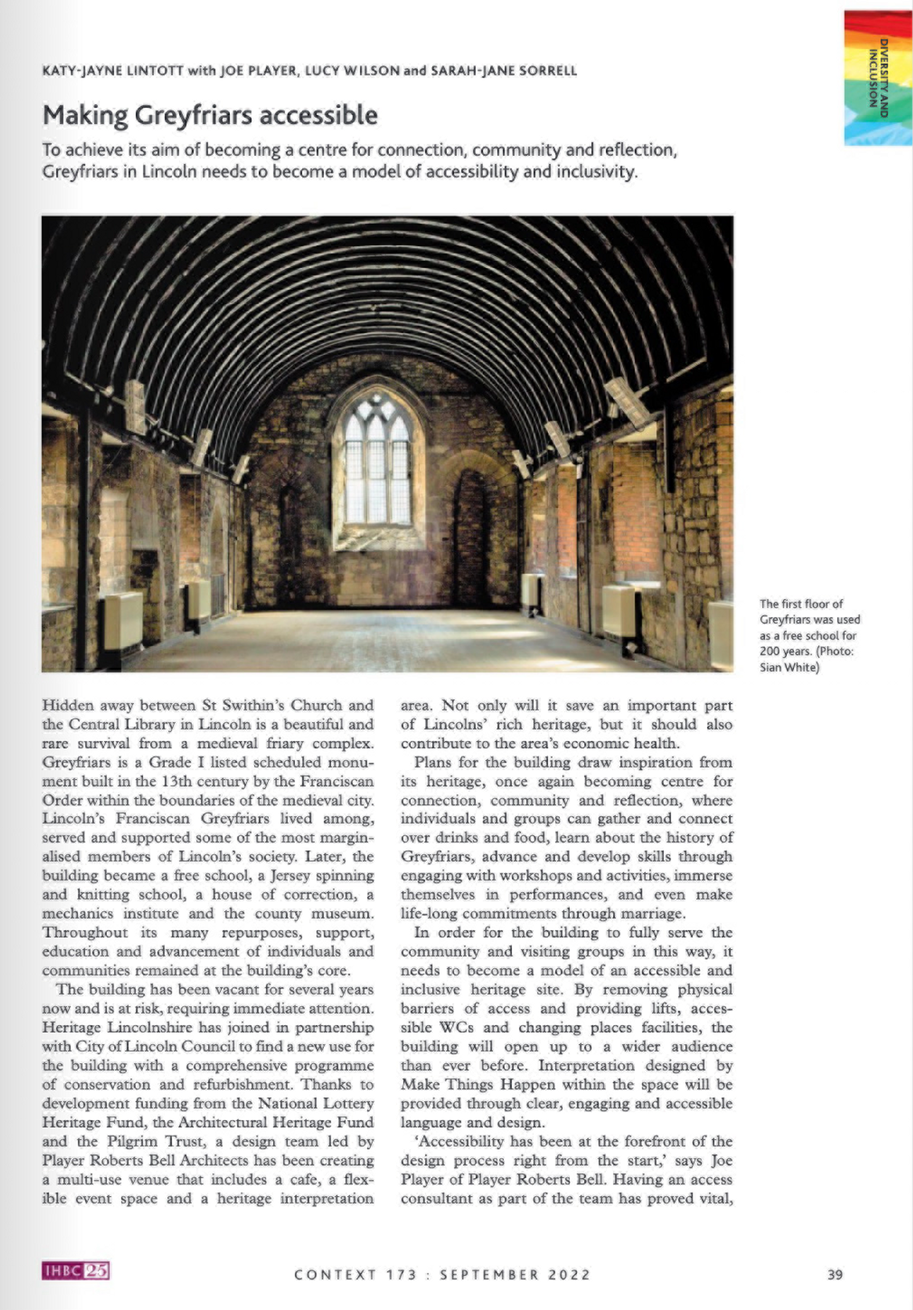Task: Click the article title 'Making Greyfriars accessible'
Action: pos(210,116)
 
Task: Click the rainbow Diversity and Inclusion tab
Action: pos(877,78)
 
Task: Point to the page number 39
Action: pos(835,1274)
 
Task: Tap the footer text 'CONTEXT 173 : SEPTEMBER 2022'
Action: pos(442,1275)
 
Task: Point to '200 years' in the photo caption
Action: pos(786,652)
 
